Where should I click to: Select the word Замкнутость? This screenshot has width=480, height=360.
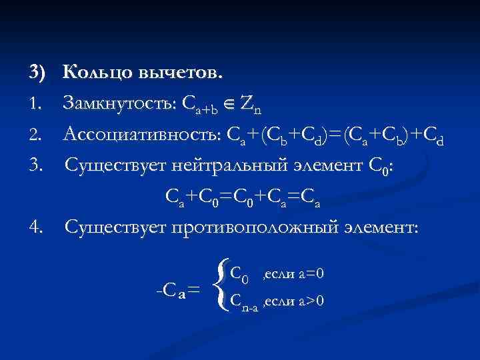(118, 103)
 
